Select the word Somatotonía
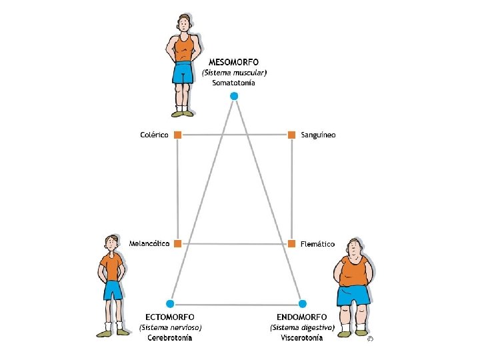click(233, 83)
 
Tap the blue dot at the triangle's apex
click(233, 97)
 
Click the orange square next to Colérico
click(177, 135)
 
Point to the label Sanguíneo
click(319, 135)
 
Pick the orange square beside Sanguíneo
click(291, 135)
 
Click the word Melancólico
click(150, 244)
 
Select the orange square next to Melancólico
click(177, 244)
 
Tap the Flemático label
click(317, 244)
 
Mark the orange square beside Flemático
click(291, 244)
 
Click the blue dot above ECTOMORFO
click(171, 303)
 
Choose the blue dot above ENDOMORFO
click(303, 303)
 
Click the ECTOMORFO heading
click(170, 317)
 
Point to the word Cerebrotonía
click(170, 338)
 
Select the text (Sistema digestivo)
click(302, 327)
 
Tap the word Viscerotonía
click(302, 338)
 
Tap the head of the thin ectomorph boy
click(111, 243)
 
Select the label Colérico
click(154, 135)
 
